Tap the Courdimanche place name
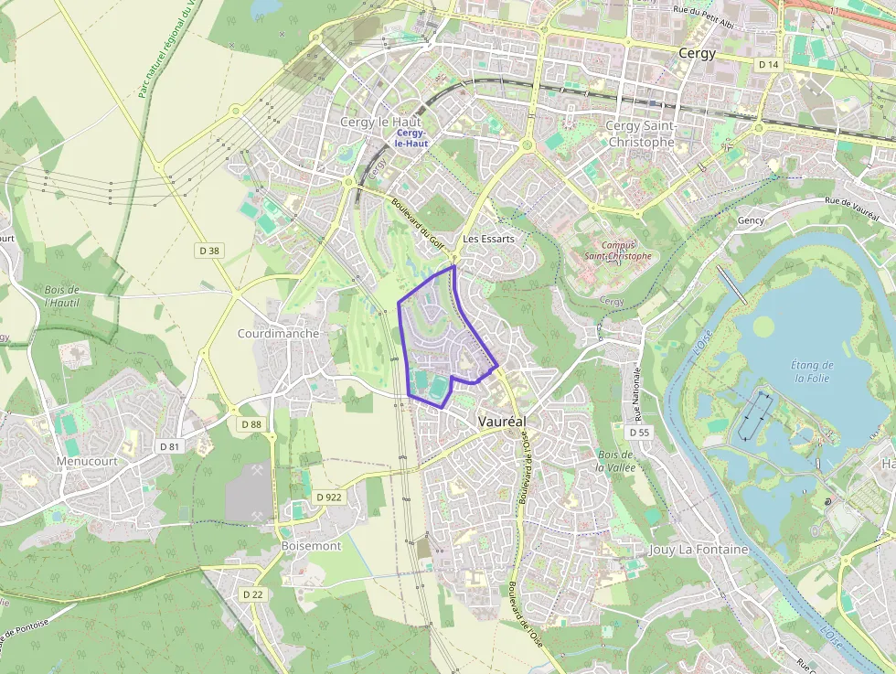pyautogui.click(x=278, y=334)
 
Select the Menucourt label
pyautogui.click(x=87, y=462)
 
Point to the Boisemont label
pyautogui.click(x=311, y=546)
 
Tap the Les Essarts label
pyautogui.click(x=489, y=239)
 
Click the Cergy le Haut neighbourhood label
pyautogui.click(x=379, y=122)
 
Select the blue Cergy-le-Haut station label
pyautogui.click(x=411, y=138)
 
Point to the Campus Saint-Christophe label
pyautogui.click(x=619, y=251)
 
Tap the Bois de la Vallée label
pyautogui.click(x=615, y=460)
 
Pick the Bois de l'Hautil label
pyautogui.click(x=61, y=296)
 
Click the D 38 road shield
pyautogui.click(x=209, y=250)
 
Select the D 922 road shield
pyautogui.click(x=328, y=497)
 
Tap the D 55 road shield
pyautogui.click(x=639, y=432)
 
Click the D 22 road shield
pyautogui.click(x=253, y=594)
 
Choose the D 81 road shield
pyautogui.click(x=169, y=446)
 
